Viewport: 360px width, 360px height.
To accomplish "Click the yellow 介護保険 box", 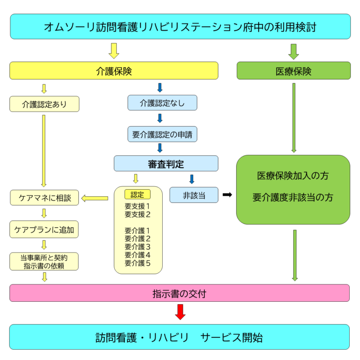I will pos(114,70).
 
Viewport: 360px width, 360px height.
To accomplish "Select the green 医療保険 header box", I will pos(293,70).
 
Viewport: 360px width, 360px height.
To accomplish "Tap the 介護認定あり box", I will pos(45,104).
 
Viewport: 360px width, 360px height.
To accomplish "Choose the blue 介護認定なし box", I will pos(162,102).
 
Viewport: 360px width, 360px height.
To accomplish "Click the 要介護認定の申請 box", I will pos(162,134).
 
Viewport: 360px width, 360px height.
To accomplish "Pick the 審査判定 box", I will pos(166,163).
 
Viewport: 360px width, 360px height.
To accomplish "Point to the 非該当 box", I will pos(194,195).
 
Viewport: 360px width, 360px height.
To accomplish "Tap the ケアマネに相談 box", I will pos(45,198).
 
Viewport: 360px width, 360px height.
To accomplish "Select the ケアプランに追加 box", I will pos(45,230).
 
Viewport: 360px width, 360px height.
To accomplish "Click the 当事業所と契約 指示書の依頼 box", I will pos(45,261).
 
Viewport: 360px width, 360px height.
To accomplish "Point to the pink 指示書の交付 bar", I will pos(180,293).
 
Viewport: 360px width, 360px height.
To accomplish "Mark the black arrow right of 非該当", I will pos(227,194).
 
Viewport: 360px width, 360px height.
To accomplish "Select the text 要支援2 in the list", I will pos(137,214).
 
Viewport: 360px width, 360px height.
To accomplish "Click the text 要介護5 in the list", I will pos(137,263).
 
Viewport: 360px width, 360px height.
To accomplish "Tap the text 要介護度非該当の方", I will pos(293,198).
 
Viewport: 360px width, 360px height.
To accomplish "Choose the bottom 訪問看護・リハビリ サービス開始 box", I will pos(180,337).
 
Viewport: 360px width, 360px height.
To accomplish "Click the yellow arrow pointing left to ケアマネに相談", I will pos(95,198).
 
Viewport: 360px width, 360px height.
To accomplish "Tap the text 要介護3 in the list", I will pos(137,246).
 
